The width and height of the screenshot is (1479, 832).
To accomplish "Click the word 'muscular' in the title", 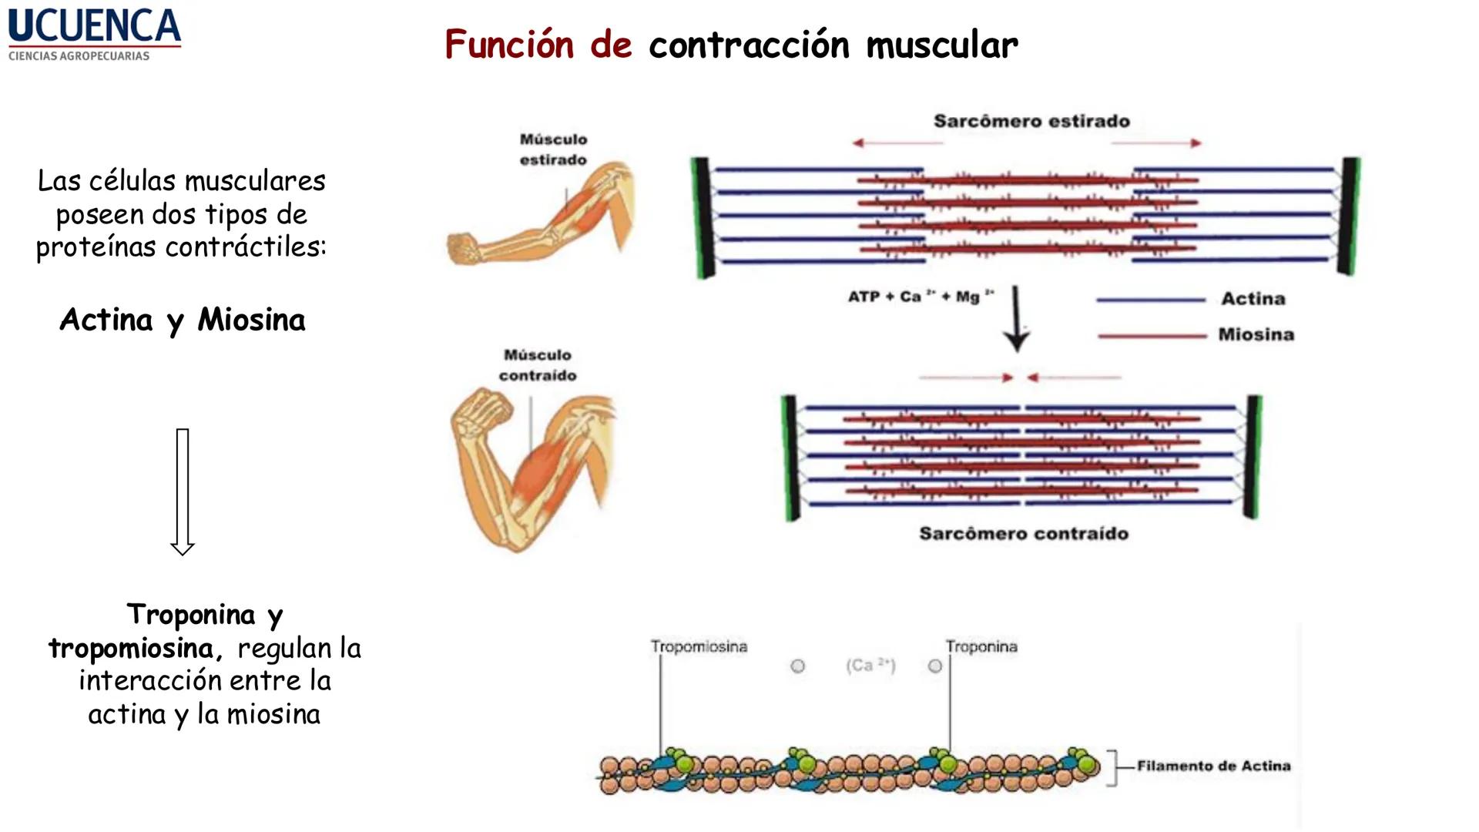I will coord(941,45).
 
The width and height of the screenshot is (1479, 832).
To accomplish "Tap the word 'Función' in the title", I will coord(509,45).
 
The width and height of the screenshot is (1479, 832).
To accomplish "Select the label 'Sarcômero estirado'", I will coord(1031,121).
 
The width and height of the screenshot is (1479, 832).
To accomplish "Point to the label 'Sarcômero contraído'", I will coord(1024,534).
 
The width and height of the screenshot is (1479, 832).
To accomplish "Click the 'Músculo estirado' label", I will coord(553,149).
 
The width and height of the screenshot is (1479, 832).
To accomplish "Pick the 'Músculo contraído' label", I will coord(538,365).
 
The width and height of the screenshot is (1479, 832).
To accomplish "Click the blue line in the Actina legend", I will coord(1151,300).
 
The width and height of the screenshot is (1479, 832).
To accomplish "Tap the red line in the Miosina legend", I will coord(1152,336).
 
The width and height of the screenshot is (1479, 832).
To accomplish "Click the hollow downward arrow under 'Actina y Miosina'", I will coord(183,491).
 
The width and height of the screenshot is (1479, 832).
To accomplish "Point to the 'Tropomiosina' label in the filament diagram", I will coord(699,647).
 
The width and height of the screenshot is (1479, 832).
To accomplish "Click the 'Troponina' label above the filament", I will coord(981,647).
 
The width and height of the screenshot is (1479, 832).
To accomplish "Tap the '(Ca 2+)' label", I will coord(870,666).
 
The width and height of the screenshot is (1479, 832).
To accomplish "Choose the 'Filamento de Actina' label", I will coord(1213,766).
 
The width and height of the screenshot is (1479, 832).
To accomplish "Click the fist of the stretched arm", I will coord(463,249).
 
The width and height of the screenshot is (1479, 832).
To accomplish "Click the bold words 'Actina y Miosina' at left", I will coord(183,320).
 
